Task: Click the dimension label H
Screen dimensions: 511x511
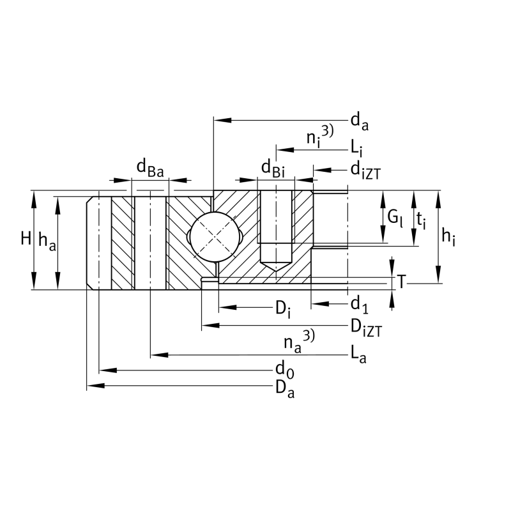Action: pos(25,239)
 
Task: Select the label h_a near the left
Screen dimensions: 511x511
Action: pos(45,241)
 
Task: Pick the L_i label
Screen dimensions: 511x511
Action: pos(356,149)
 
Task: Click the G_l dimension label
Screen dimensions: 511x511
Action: pos(395,218)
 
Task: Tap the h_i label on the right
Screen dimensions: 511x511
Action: pos(449,238)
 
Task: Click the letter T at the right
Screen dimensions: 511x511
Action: pos(401,281)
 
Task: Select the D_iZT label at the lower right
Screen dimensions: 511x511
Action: pos(365,328)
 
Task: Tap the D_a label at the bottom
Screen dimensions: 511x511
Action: pos(284,389)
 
